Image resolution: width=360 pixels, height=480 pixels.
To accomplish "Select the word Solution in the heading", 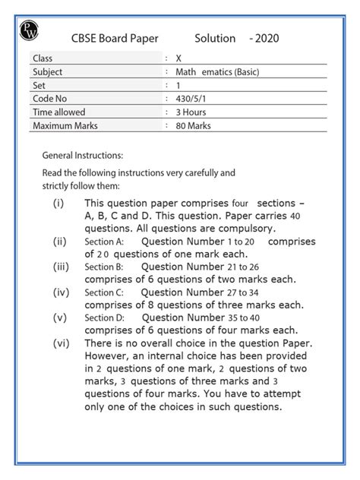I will pos(216,37).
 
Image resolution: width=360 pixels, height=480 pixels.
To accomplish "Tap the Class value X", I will pos(178,58).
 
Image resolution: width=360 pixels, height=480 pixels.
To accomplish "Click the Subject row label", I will pos(48,71).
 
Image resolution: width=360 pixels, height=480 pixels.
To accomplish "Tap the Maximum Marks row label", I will pos(65,126).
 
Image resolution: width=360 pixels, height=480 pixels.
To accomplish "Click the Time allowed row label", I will pos(59,112).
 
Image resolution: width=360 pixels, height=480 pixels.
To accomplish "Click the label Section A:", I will pos(103,242).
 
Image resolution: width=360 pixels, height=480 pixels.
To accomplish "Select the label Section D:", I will pos(104,318).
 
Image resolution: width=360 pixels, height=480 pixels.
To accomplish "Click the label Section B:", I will pos(103,267).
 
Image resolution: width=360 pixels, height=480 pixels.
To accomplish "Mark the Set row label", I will pos(39,85).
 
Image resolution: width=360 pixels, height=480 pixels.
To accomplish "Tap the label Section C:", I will pos(103,292).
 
